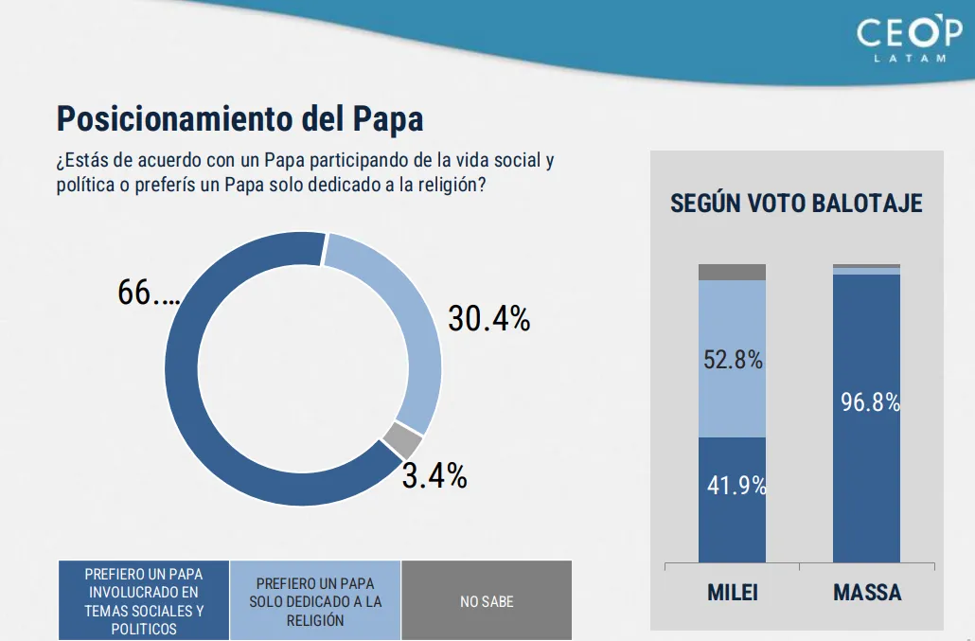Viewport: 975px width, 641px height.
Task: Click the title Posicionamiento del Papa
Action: pos(239,119)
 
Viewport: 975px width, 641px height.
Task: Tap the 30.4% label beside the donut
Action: pos(488,319)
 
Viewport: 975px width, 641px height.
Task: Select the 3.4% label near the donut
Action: pos(434,475)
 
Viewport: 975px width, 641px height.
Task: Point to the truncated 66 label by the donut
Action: pos(148,293)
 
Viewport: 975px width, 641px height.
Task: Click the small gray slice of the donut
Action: pos(402,440)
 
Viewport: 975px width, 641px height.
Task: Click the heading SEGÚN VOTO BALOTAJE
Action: pos(796,204)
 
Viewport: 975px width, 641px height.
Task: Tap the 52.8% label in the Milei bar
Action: pos(733,361)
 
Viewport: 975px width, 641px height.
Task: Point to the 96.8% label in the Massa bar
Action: pos(869,402)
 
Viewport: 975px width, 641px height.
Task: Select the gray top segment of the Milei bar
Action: pos(732,273)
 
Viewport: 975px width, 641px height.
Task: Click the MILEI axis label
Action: pos(733,594)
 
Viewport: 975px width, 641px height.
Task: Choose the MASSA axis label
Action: pos(867,594)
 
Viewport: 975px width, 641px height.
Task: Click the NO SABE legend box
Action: pos(487,601)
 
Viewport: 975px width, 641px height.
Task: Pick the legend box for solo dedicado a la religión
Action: pos(315,601)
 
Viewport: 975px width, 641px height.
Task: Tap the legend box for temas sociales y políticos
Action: pos(144,601)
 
